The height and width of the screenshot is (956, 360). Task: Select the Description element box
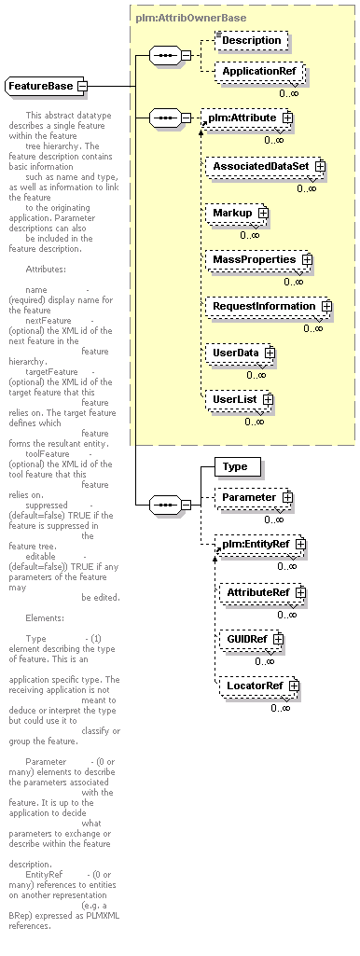click(x=251, y=40)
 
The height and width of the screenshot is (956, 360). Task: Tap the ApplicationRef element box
click(x=258, y=71)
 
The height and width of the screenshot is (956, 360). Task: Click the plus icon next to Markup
click(x=263, y=213)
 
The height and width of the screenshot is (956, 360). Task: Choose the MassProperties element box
click(x=258, y=259)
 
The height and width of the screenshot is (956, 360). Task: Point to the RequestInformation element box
click(x=269, y=306)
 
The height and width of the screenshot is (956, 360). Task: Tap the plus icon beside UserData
click(x=270, y=353)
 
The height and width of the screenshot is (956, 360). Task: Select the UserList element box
click(x=239, y=399)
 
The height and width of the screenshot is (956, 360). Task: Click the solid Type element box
click(x=238, y=467)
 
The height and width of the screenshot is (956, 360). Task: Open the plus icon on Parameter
click(x=286, y=497)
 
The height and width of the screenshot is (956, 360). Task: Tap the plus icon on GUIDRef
click(x=278, y=639)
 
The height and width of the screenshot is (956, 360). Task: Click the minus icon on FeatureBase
click(x=82, y=87)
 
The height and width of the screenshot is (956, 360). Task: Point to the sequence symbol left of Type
click(x=165, y=505)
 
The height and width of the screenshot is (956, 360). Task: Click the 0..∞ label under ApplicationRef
click(x=288, y=93)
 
